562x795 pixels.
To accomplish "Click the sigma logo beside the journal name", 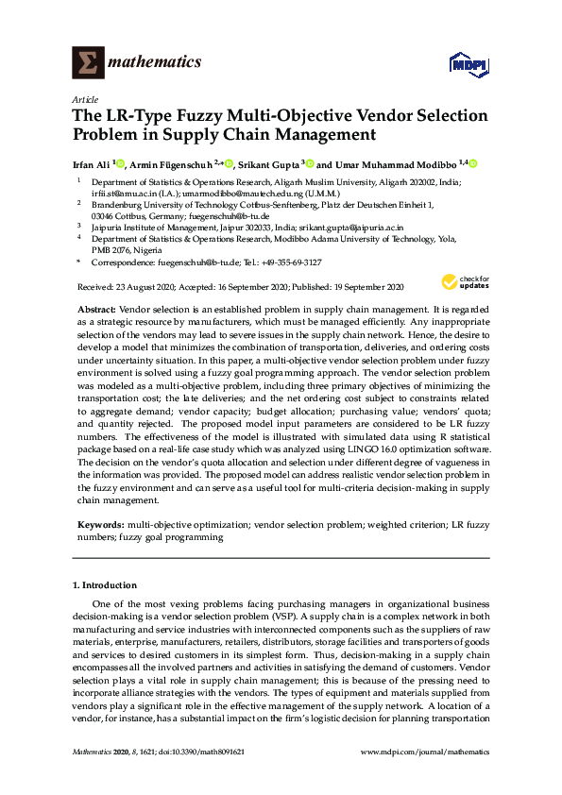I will coord(86,63).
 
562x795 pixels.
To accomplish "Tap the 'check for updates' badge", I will coord(461,281).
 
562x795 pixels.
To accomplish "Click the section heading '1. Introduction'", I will coord(105,585).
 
